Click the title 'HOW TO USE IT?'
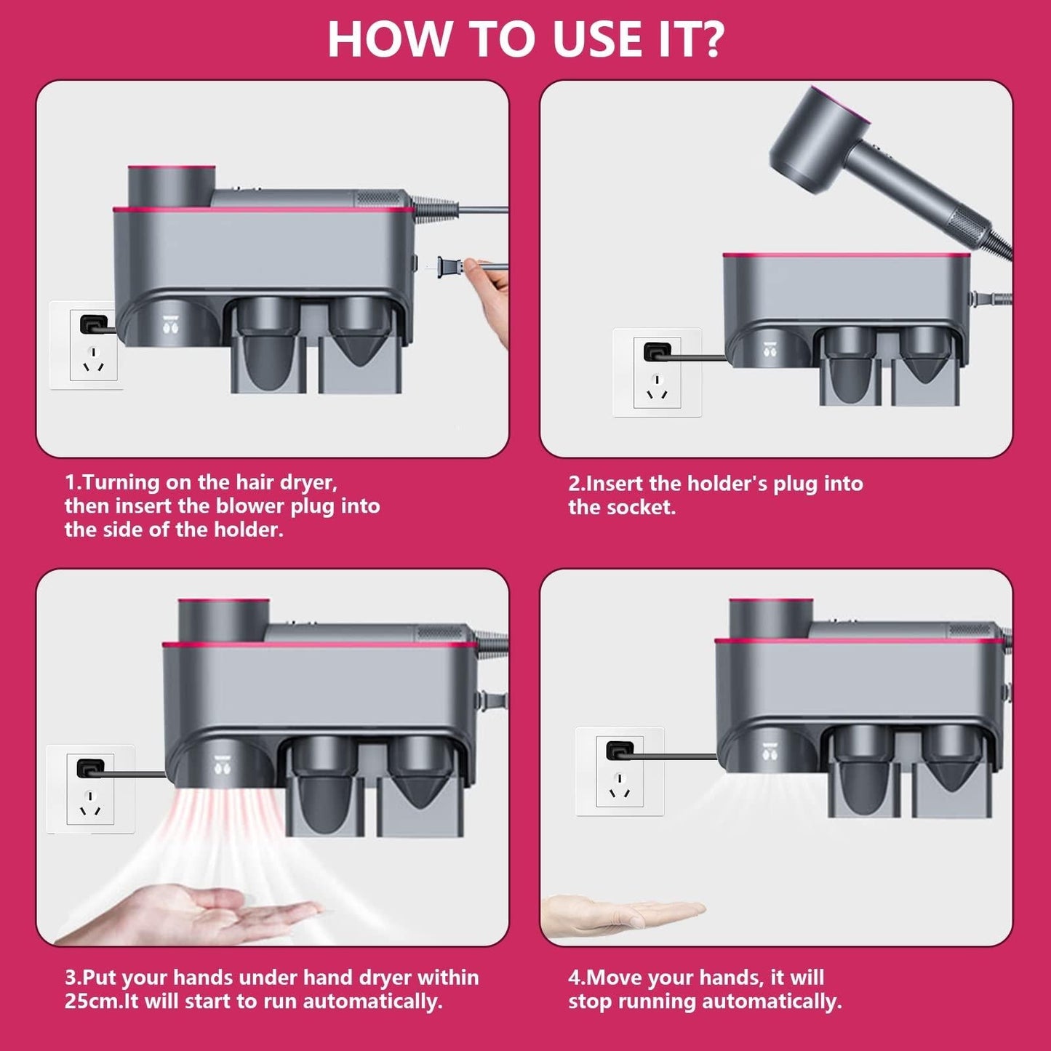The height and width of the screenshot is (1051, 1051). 525,39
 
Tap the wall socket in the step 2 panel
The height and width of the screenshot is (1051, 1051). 657,372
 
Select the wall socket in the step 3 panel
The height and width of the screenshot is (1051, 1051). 89,789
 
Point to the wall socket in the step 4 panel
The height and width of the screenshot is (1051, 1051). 619,771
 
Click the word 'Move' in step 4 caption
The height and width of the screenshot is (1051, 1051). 615,977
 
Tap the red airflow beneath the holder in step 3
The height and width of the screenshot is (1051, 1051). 218,822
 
